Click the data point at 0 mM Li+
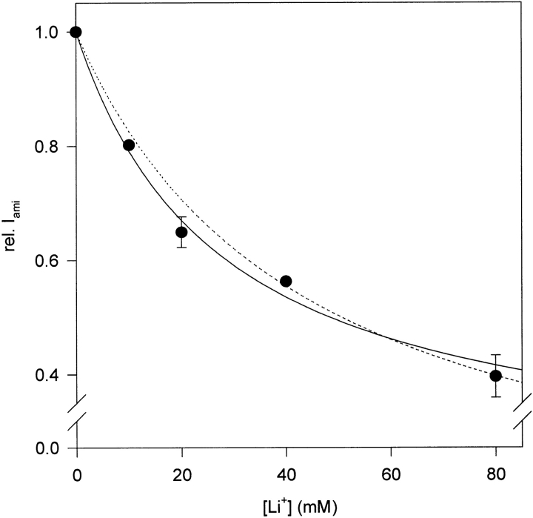tap(76, 32)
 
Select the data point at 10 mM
tap(128, 145)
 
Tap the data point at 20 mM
tap(181, 232)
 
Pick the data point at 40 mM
tap(286, 282)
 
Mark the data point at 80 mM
tap(495, 376)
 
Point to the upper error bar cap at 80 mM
tap(495, 355)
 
